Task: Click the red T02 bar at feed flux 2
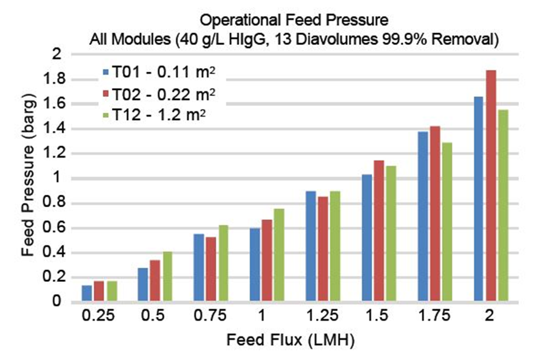[x=491, y=186]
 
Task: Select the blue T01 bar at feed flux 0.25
[x=87, y=294]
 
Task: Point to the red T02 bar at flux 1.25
[x=322, y=249]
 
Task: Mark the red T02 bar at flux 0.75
[x=210, y=269]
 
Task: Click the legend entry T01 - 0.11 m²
[x=156, y=72]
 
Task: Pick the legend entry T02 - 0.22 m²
[x=156, y=94]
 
